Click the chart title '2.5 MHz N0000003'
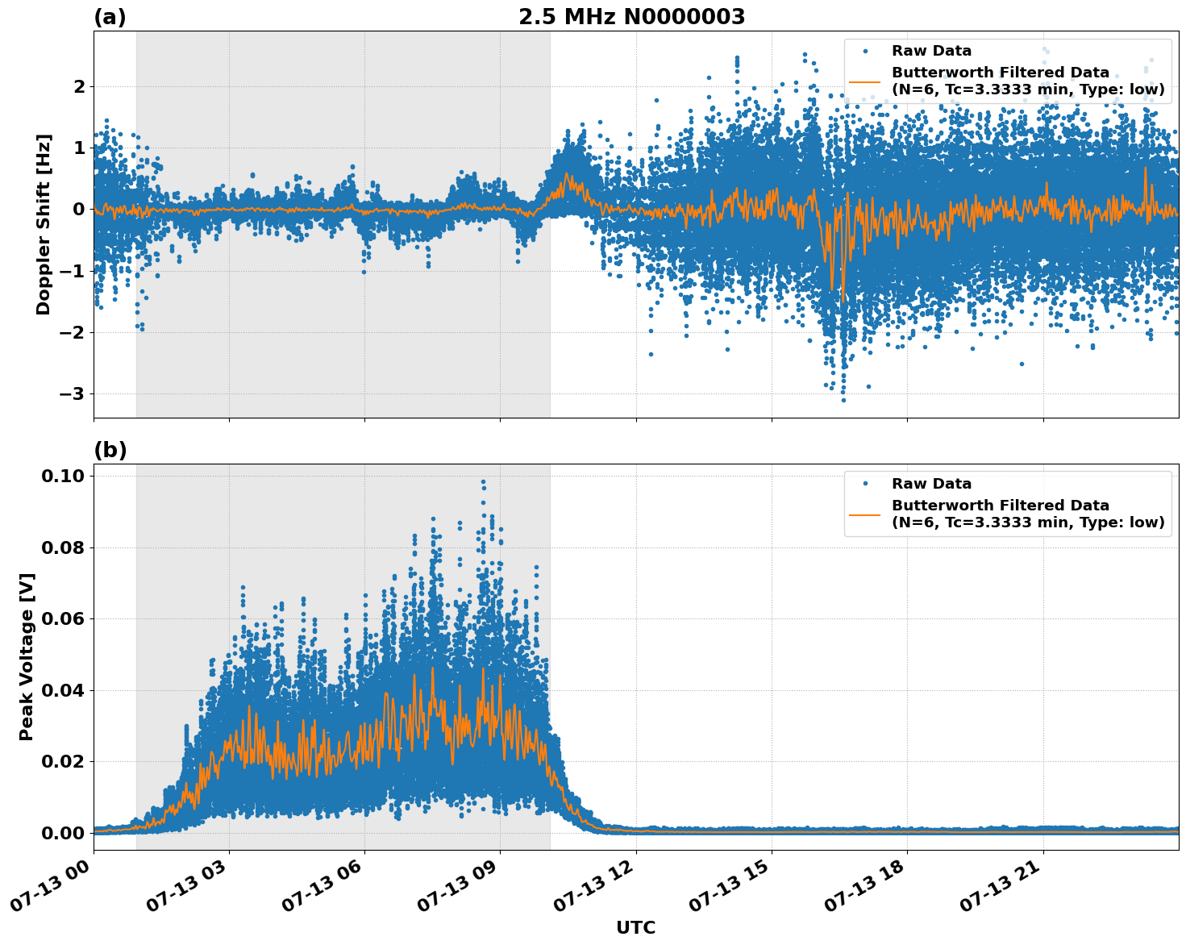631,17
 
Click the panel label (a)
110,17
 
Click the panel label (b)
110,450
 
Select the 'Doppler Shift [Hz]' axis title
44,224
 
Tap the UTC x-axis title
635,927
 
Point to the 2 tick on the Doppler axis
79,86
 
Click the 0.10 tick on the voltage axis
63,476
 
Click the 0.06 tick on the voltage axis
63,618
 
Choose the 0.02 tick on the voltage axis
63,761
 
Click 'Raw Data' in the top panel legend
931,51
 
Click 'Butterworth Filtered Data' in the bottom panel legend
1000,506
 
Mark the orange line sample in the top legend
864,81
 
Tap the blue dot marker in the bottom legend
864,484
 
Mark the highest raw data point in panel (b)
483,481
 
